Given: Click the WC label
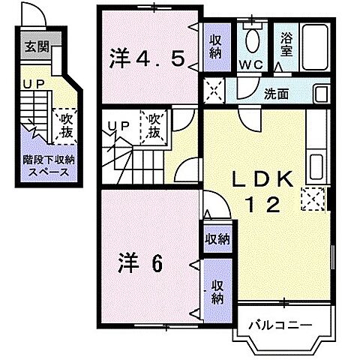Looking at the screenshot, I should pyautogui.click(x=250, y=65).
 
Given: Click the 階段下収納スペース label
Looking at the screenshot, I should pyautogui.click(x=48, y=165).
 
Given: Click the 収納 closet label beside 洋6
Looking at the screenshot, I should pyautogui.click(x=216, y=290).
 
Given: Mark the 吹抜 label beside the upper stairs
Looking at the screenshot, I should pyautogui.click(x=155, y=124).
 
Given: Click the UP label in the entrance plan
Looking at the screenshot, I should pyautogui.click(x=31, y=85).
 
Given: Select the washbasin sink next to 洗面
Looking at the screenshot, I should pyautogui.click(x=320, y=94).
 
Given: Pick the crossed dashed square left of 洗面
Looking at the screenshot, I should pyautogui.click(x=214, y=91).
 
